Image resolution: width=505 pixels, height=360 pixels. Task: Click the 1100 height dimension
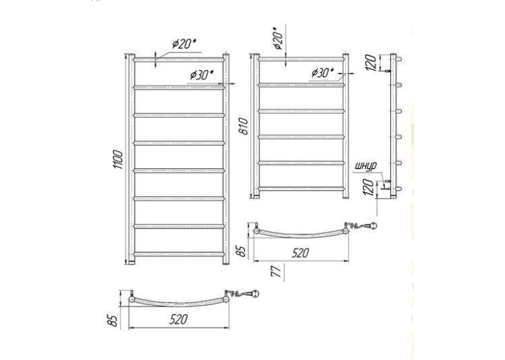[118, 160]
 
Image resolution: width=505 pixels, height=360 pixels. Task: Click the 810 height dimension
[244, 126]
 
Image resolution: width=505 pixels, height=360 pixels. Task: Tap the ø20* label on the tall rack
[184, 44]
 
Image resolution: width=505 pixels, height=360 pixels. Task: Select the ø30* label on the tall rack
[202, 75]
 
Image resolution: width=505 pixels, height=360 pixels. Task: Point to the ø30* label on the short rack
[323, 73]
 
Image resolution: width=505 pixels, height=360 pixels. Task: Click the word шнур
[366, 166]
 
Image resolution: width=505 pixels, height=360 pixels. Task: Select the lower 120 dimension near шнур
[370, 187]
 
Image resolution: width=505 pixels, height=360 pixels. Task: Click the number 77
[277, 270]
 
